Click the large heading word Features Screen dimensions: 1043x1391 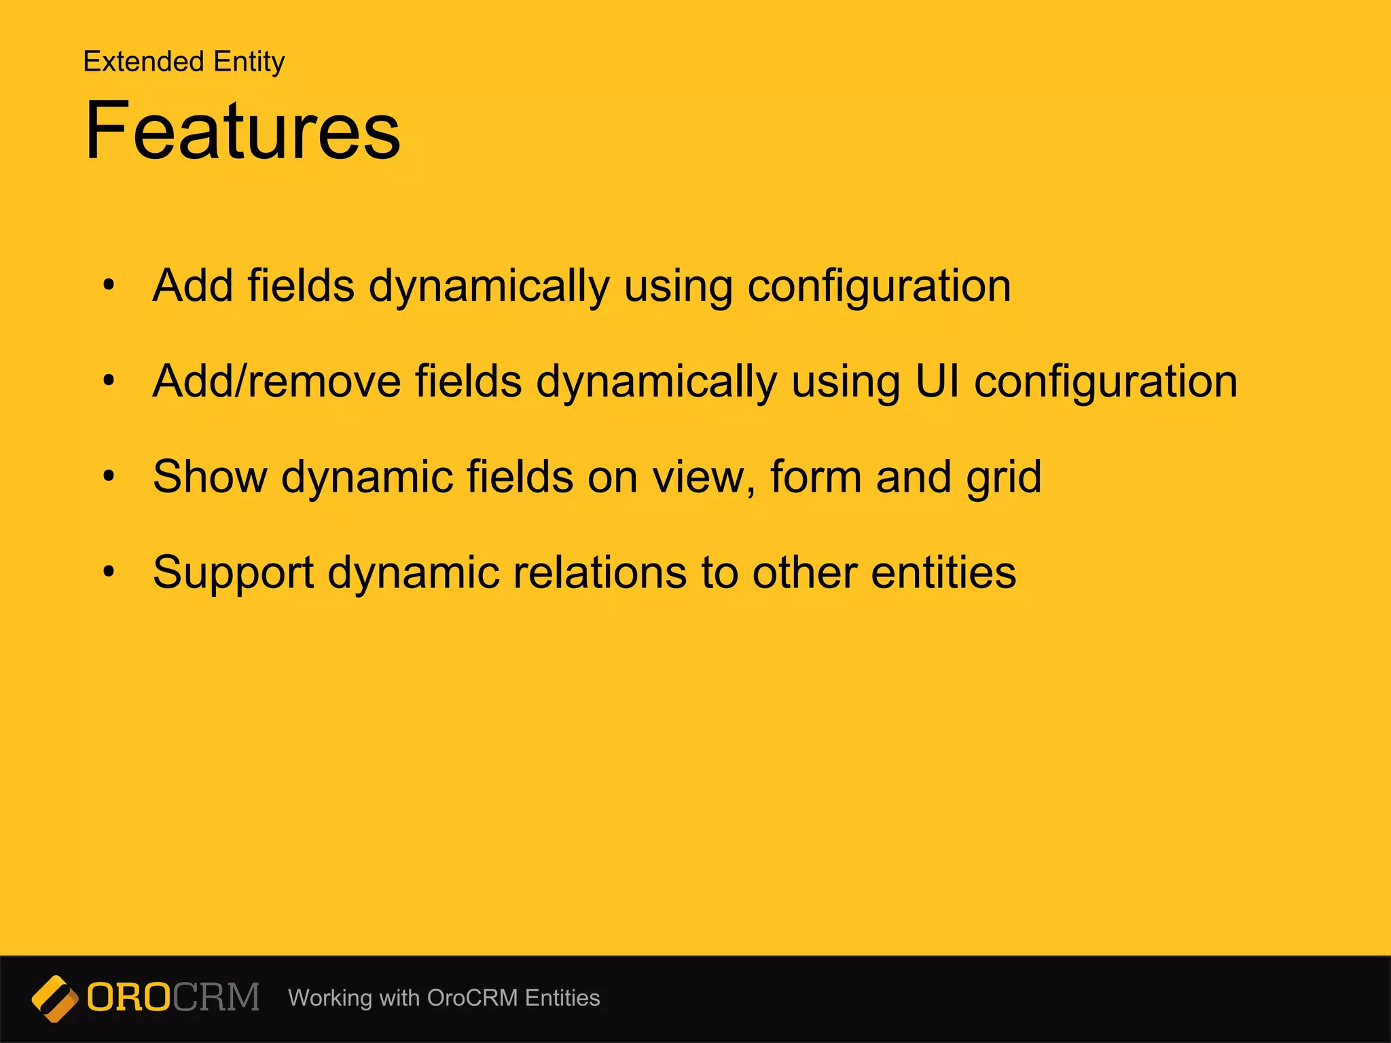[x=242, y=130]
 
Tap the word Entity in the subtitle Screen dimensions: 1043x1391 [x=249, y=62]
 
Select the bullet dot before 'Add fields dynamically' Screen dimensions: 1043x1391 [x=109, y=285]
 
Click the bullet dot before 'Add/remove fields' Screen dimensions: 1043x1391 [x=109, y=381]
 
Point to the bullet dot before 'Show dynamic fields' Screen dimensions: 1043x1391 [x=109, y=476]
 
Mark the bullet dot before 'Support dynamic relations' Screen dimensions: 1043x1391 [x=109, y=572]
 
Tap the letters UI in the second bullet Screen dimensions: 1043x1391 [x=937, y=381]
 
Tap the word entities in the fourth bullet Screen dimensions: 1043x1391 [x=943, y=572]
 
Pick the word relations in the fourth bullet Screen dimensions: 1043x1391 [x=600, y=572]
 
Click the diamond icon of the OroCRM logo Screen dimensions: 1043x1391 [x=55, y=998]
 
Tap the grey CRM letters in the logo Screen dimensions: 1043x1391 [x=216, y=998]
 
